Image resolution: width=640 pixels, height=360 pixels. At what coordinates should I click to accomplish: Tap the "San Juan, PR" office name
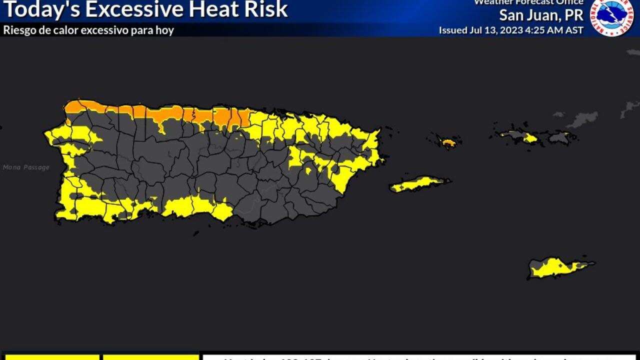(x=541, y=15)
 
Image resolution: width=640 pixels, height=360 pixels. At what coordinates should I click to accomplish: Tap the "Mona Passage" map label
(x=26, y=167)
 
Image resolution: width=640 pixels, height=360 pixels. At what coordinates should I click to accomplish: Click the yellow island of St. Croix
(x=555, y=267)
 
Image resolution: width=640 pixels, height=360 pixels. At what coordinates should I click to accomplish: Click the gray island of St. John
(x=559, y=137)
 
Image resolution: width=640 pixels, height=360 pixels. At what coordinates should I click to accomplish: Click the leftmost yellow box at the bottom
(x=50, y=357)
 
